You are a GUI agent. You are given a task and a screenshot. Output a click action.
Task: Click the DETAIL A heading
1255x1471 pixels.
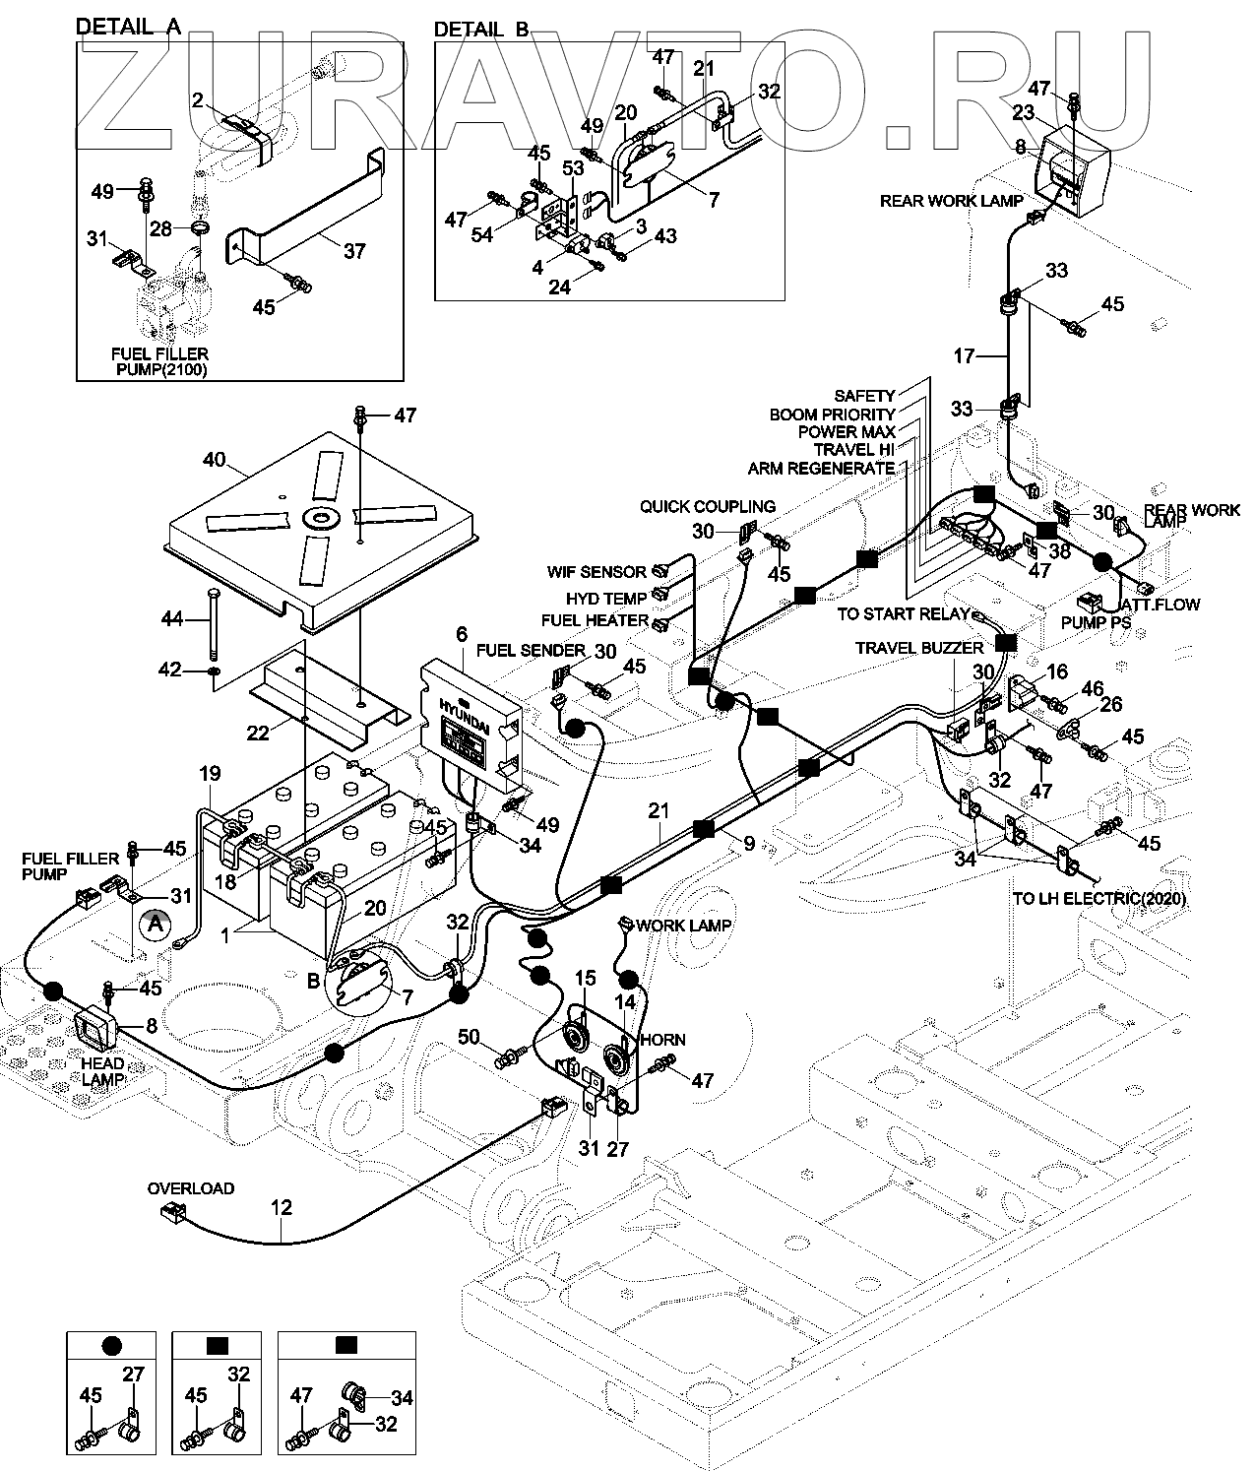128,28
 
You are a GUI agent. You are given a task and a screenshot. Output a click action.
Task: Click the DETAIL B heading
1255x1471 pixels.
481,30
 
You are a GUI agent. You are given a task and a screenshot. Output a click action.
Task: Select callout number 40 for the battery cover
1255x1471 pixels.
215,460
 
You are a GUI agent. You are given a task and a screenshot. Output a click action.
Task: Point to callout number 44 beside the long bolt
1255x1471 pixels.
174,618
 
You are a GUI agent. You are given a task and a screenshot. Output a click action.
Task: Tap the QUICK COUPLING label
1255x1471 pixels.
707,506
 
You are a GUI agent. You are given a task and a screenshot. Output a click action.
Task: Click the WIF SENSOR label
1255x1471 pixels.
596,572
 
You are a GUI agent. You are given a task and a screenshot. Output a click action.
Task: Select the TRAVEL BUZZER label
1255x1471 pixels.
918,648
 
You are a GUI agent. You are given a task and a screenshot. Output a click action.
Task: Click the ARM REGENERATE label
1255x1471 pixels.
821,468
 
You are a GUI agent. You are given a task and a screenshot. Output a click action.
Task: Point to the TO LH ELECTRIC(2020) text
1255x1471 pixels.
1098,899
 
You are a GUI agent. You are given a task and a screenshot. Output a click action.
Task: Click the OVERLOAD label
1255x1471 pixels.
191,1188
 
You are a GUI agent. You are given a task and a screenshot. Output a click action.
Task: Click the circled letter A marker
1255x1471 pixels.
153,925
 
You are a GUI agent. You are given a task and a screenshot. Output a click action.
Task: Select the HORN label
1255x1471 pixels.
662,1040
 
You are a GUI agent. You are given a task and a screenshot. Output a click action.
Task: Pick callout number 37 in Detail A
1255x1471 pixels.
353,250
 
